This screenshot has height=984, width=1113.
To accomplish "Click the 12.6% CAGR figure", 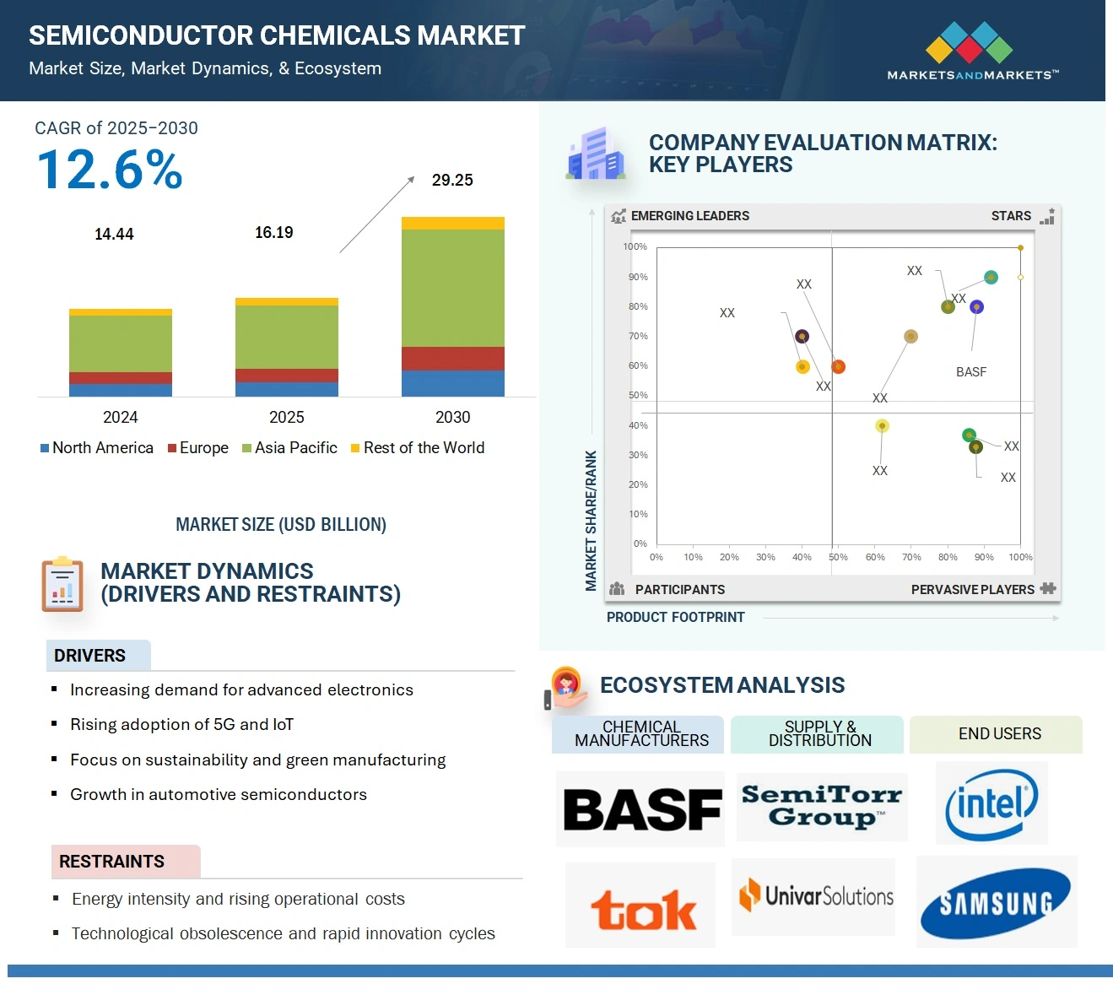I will point(110,169).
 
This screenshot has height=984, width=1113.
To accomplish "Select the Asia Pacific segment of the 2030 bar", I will point(452,287).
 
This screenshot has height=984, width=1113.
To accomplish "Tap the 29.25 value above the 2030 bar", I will point(452,180).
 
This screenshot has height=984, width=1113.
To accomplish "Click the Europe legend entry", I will point(198,448).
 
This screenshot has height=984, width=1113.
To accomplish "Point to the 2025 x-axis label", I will point(286,417).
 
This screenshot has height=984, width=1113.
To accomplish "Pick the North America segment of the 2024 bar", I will point(121,390).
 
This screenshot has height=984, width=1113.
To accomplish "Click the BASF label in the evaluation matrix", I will point(970,371).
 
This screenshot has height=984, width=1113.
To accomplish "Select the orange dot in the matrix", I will point(838,366).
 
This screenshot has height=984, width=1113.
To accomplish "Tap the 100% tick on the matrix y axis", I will point(635,246).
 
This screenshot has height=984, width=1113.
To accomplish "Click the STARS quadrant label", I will point(1011,216).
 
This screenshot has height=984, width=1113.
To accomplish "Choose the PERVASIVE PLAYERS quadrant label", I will point(972,589).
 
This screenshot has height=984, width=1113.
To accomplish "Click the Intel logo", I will point(991,803).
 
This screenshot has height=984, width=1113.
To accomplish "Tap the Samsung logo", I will point(996,902).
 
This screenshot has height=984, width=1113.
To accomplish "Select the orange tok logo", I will point(643,910).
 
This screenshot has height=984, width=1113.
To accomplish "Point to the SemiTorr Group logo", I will point(822,806).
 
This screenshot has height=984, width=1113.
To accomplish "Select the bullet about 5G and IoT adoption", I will point(181,725).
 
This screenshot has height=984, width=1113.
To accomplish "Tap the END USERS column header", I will point(999,734).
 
